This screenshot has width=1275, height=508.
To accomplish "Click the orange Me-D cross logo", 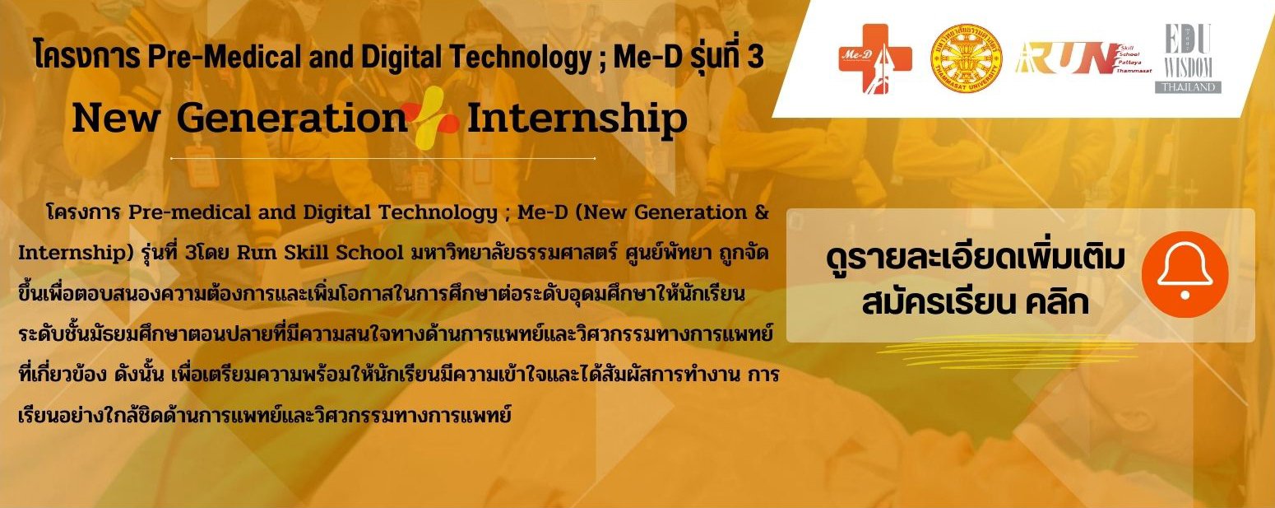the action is click(x=875, y=58).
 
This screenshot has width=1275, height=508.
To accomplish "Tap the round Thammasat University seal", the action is click(x=966, y=58).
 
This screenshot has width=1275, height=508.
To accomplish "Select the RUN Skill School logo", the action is click(x=1083, y=58).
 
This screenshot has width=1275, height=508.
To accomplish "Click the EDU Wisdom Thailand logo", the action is click(x=1188, y=58).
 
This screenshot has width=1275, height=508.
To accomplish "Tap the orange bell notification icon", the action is click(x=1185, y=274).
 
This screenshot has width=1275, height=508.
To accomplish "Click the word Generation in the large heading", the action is click(x=291, y=119).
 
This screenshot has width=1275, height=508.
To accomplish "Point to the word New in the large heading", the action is click(x=116, y=119).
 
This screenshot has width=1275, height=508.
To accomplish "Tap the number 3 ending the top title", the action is click(x=756, y=57).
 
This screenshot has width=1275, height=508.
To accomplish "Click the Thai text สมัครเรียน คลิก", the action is click(x=975, y=302).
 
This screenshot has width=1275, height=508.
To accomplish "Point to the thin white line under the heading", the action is click(x=382, y=158).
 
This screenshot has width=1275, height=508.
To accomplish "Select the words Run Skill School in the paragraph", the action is click(x=320, y=252).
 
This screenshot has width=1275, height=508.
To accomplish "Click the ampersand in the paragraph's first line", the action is click(x=762, y=212).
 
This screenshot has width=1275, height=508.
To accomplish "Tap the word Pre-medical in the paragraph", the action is click(x=189, y=212).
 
